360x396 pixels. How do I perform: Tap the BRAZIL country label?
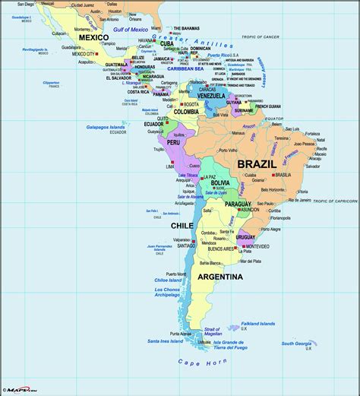[257, 163]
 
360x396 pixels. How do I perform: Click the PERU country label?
[175, 142]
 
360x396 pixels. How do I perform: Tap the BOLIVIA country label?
[220, 183]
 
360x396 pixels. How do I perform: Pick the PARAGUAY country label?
[238, 204]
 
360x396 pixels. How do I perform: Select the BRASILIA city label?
[283, 175]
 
